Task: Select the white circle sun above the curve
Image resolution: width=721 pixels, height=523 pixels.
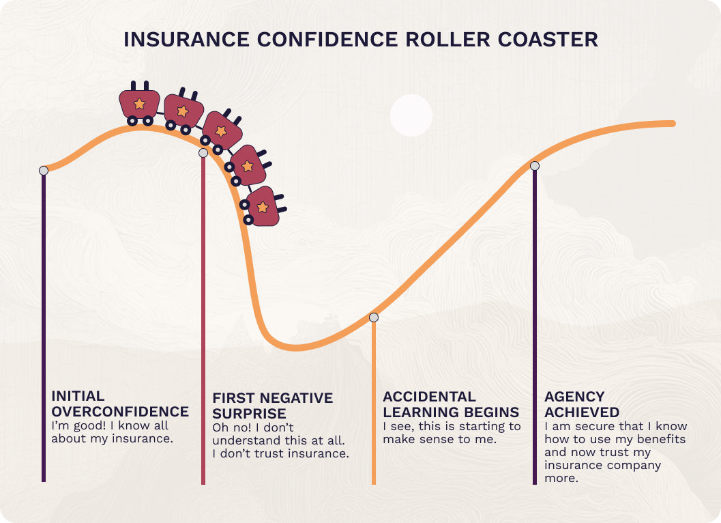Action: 411,115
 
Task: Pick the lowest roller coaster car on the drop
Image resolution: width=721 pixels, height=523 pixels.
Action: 262,206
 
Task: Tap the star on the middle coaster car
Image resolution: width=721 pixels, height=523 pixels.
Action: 220,130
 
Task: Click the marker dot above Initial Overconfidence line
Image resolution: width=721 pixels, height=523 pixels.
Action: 44,170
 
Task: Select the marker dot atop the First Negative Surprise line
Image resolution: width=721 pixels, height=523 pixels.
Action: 203,153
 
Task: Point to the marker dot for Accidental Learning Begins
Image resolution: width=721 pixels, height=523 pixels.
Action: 374,317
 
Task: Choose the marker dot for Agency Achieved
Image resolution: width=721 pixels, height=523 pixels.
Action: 535,165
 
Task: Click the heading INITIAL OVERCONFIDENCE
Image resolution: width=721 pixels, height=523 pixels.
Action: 119,404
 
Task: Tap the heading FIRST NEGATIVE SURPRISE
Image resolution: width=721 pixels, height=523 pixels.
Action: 272,406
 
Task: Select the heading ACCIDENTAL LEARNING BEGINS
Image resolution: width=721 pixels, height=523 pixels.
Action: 450,404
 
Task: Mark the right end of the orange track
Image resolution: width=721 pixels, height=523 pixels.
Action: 673,124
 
